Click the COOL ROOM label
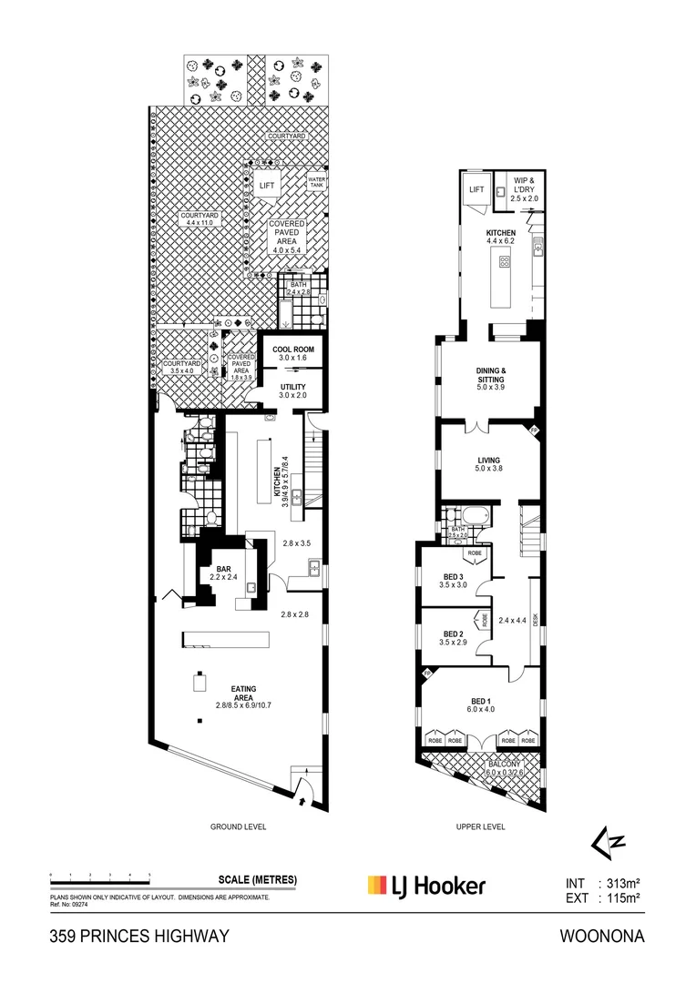click(x=293, y=349)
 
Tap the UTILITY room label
click(x=293, y=388)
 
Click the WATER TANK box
click(x=317, y=181)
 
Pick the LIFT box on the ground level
click(x=267, y=186)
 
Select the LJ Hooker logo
click(x=426, y=885)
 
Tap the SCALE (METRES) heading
click(x=258, y=880)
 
